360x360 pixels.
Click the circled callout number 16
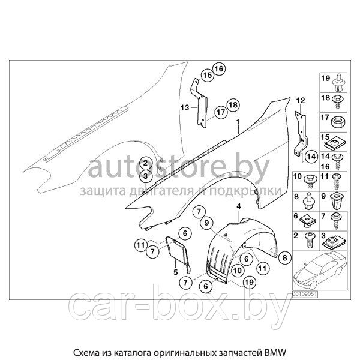click(219, 68)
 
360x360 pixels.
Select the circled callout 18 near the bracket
click(233, 105)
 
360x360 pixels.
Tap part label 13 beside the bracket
click(184, 107)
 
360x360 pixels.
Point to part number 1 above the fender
click(238, 122)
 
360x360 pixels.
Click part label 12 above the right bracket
click(301, 101)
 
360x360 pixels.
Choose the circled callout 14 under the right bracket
click(312, 157)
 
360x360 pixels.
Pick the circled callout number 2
click(146, 163)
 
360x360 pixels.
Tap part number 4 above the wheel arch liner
click(239, 206)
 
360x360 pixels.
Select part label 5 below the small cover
click(176, 272)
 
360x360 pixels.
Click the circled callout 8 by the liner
click(284, 257)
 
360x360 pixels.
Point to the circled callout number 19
click(250, 282)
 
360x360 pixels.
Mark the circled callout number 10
click(237, 271)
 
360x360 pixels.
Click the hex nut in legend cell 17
click(339, 121)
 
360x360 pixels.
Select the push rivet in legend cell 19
click(338, 83)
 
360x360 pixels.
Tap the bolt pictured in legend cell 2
click(310, 240)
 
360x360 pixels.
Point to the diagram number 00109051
click(305, 295)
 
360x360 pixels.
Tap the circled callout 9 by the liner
click(206, 222)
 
